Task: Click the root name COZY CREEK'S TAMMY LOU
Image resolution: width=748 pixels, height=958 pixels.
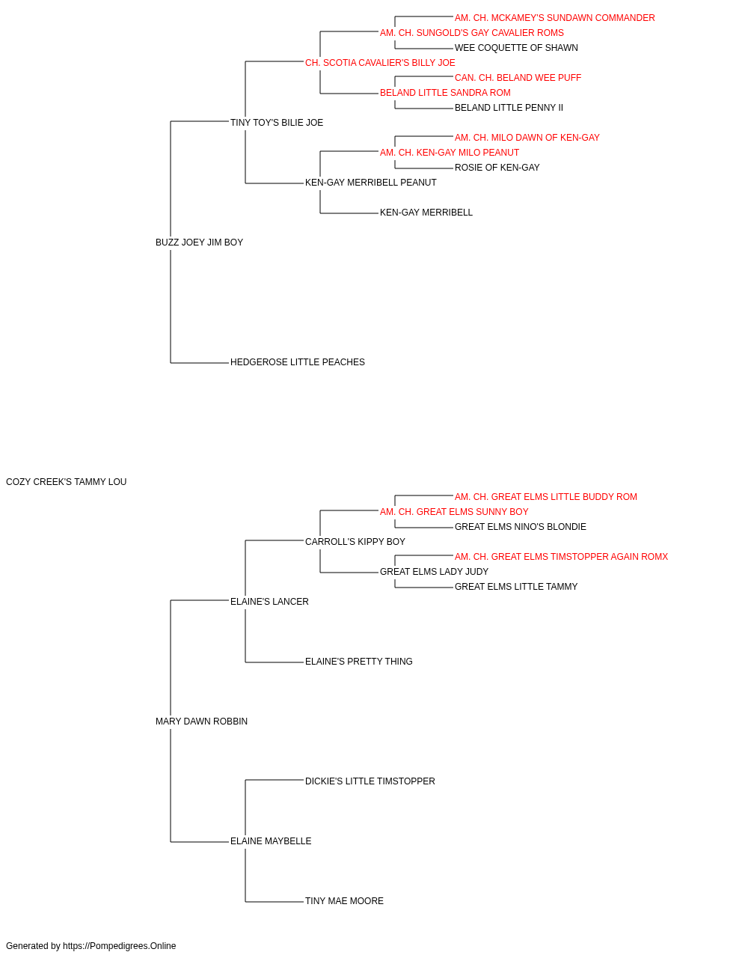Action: coord(66,481)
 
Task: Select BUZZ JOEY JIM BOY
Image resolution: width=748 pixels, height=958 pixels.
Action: coord(199,242)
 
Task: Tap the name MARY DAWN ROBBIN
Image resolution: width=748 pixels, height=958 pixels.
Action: coord(201,721)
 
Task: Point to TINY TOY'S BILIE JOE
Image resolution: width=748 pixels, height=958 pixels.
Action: coord(277,123)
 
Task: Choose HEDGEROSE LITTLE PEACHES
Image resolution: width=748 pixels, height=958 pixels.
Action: coord(298,362)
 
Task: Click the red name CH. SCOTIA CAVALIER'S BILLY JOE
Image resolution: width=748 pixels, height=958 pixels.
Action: coord(380,63)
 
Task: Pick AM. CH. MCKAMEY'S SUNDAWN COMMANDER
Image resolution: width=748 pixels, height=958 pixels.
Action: coord(554,18)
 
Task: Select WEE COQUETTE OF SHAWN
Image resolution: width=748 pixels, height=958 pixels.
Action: coord(516,48)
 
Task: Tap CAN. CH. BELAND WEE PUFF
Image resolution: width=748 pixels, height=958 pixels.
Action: coord(518,78)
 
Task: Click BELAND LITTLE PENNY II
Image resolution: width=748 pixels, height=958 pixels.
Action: coord(509,108)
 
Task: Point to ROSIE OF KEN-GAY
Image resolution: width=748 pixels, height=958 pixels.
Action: coord(497,168)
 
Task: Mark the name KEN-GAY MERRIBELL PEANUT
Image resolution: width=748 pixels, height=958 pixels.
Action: coord(371,183)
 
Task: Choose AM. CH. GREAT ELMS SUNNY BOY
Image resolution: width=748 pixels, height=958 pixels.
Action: coord(454,511)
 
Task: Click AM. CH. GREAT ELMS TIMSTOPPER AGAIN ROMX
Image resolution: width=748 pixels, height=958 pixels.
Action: coord(561,556)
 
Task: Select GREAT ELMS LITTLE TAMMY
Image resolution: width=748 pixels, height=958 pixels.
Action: coord(516,586)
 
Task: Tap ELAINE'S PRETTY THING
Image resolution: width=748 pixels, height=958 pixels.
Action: coord(358,662)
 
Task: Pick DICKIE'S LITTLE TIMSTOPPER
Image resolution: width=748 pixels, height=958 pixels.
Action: coord(370,781)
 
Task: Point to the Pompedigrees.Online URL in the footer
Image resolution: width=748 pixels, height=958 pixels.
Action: coord(120,946)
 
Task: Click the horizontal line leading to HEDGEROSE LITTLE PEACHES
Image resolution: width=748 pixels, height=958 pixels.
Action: coord(200,363)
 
